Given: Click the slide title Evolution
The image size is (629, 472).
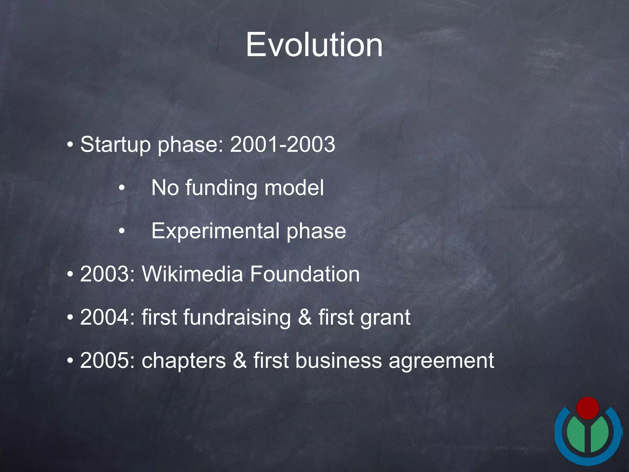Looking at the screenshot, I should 314,45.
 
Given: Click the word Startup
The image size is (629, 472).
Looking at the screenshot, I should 115,144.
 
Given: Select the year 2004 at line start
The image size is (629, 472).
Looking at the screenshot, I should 104,317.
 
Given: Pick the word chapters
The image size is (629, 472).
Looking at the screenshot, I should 183,361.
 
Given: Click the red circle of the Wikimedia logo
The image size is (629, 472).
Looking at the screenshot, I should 588,408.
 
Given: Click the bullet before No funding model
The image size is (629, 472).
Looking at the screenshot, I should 122,188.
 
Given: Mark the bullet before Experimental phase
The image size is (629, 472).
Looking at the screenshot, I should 122,231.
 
